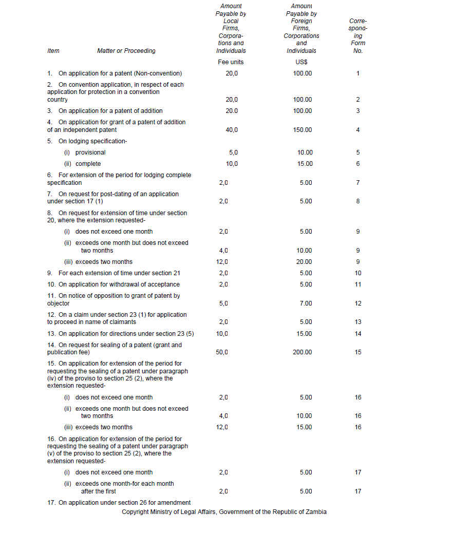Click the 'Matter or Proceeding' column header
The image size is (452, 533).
pos(126,51)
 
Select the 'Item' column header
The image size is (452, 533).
pos(53,51)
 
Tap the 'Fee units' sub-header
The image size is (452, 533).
pos(231,62)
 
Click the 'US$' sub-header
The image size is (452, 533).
pos(302,62)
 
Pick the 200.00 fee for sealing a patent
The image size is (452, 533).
pos(302,352)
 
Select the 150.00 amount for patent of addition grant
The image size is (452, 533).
pos(302,130)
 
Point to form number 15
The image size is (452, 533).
pos(358,352)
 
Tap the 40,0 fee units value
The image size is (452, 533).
pos(232,130)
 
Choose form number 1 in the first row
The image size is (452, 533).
pos(358,73)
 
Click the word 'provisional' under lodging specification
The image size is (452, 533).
pos(90,153)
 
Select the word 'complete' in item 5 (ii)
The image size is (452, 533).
pos(88,164)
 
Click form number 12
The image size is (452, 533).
pos(358,303)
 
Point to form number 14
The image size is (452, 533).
pos(358,334)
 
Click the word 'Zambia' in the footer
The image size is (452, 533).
pos(316,512)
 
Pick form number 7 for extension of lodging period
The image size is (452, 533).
pos(358,183)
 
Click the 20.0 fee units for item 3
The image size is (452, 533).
pos(232,111)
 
